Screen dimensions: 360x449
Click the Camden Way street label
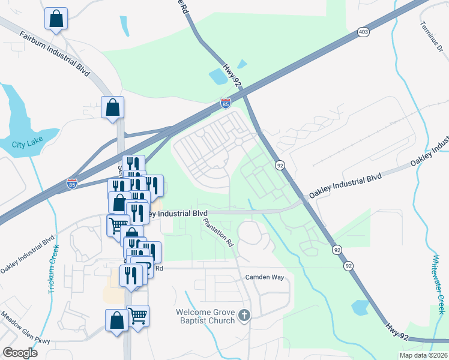click(x=264, y=277)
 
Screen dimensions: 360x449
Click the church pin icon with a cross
click(x=244, y=314)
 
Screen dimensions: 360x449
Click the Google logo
click(x=20, y=352)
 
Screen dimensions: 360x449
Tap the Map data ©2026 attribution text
click(x=424, y=355)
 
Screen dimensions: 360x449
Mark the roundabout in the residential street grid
click(x=238, y=142)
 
